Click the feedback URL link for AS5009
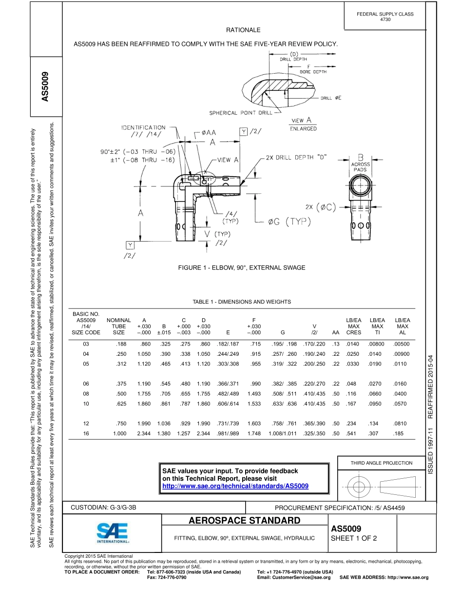[235, 487]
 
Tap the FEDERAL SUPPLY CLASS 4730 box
[385, 17]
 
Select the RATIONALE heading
[243, 30]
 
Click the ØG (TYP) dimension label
[290, 222]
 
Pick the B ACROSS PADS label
[361, 162]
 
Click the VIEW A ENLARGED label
[304, 124]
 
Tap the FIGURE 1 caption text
[242, 267]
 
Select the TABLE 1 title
[242, 302]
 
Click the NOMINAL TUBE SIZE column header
[118, 326]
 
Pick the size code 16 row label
[87, 433]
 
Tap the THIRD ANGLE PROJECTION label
[382, 463]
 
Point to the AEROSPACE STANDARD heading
[244, 520]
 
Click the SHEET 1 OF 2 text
[354, 539]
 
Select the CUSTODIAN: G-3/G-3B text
[104, 508]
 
